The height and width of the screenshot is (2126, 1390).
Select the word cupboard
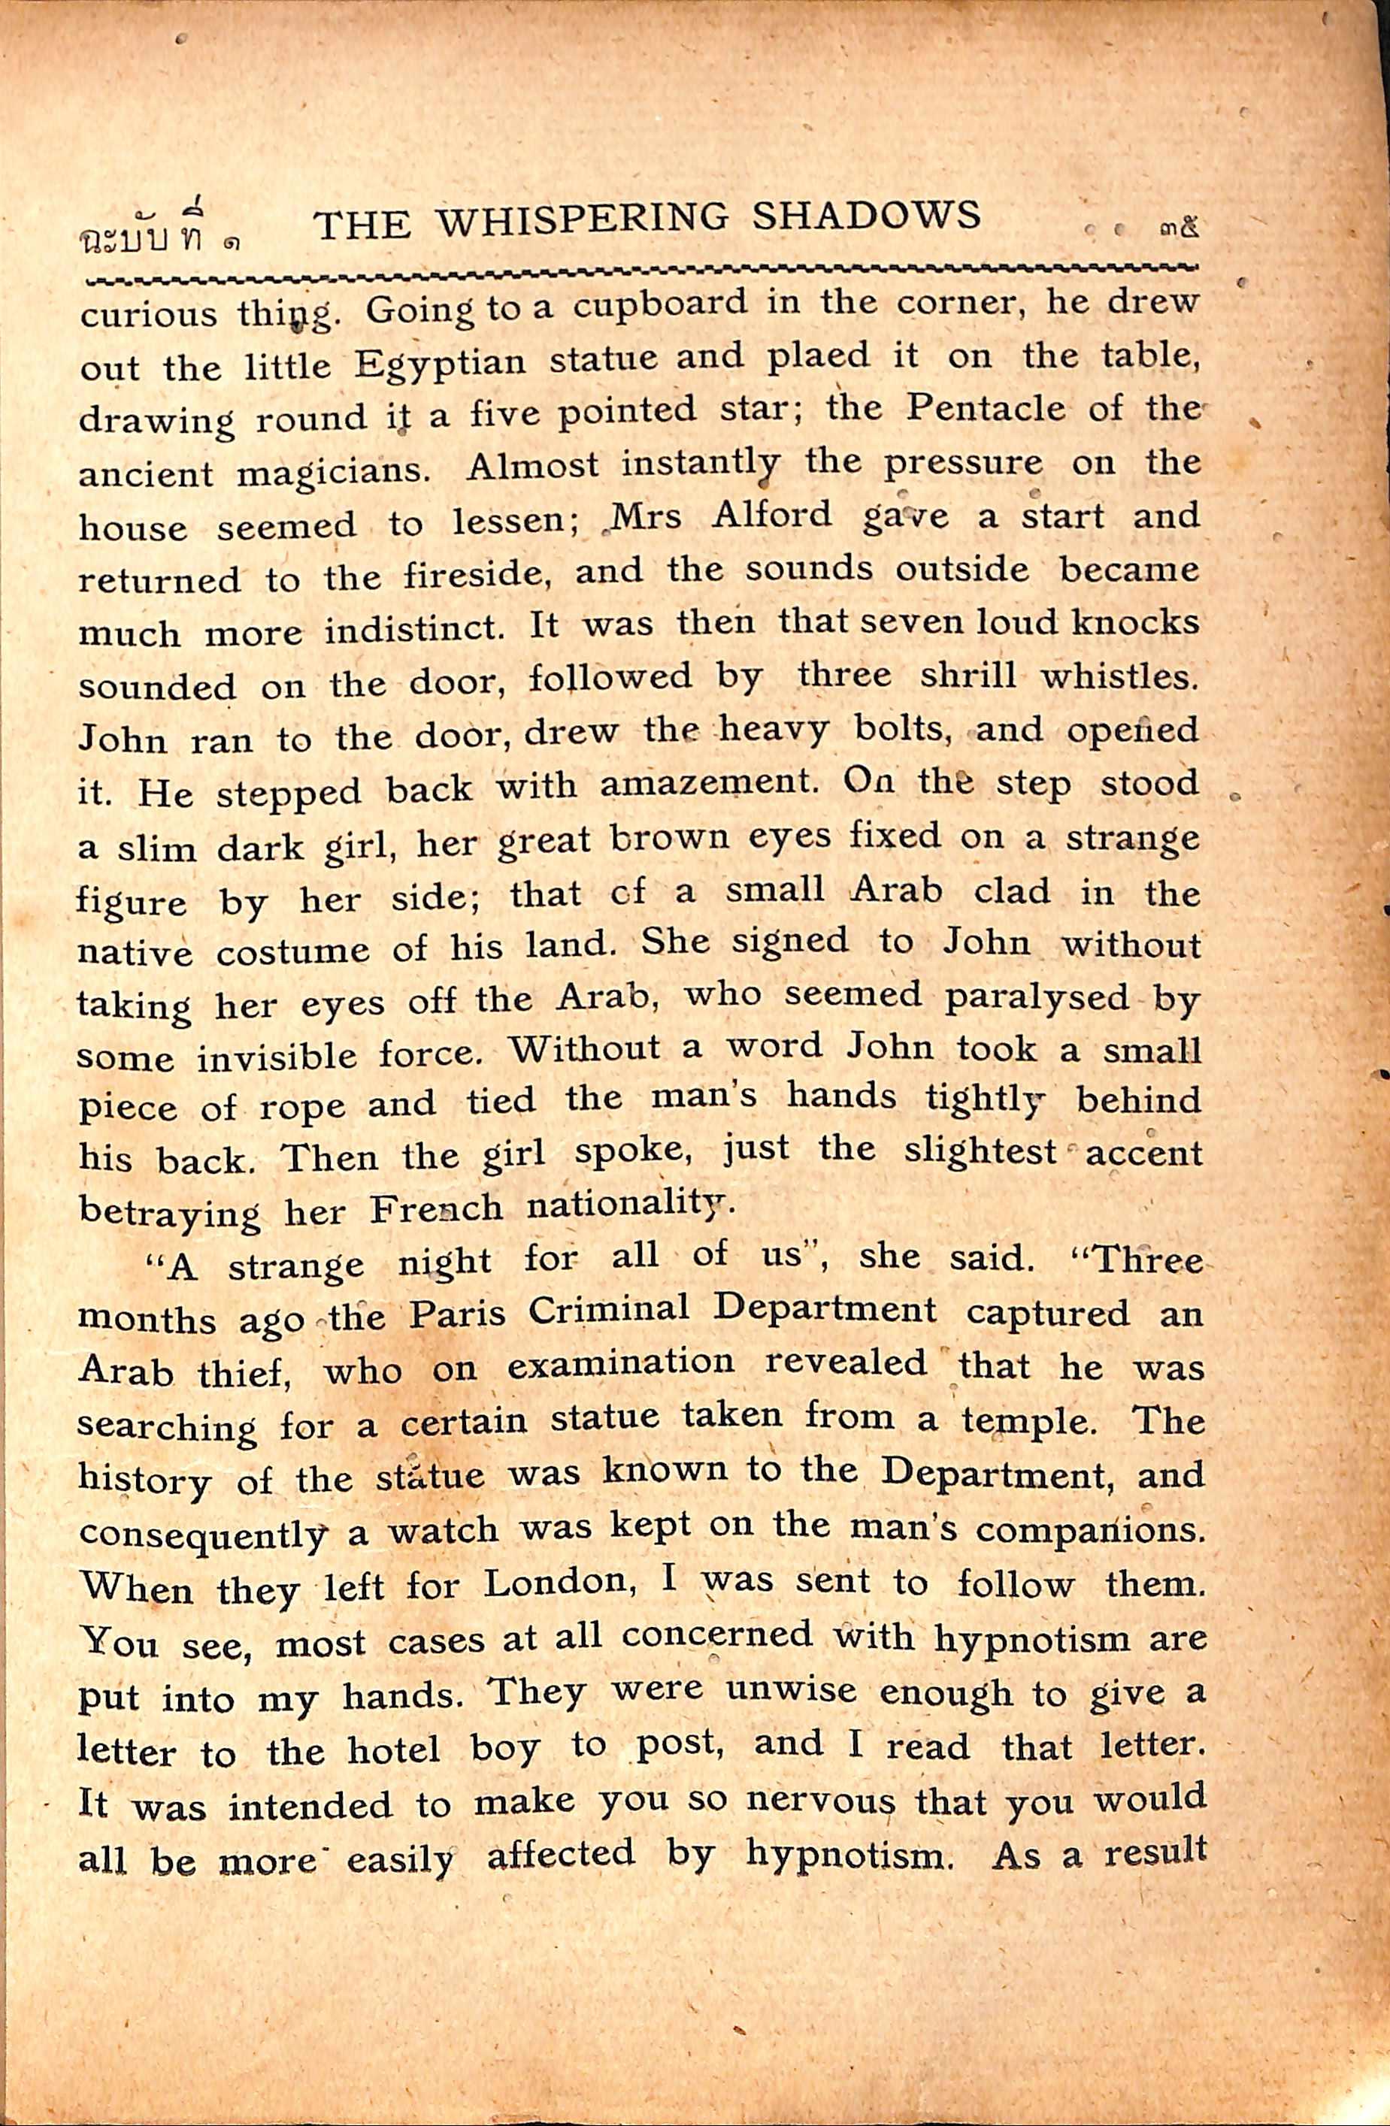pyautogui.click(x=659, y=307)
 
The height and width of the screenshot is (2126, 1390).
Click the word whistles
pyautogui.click(x=1119, y=676)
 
